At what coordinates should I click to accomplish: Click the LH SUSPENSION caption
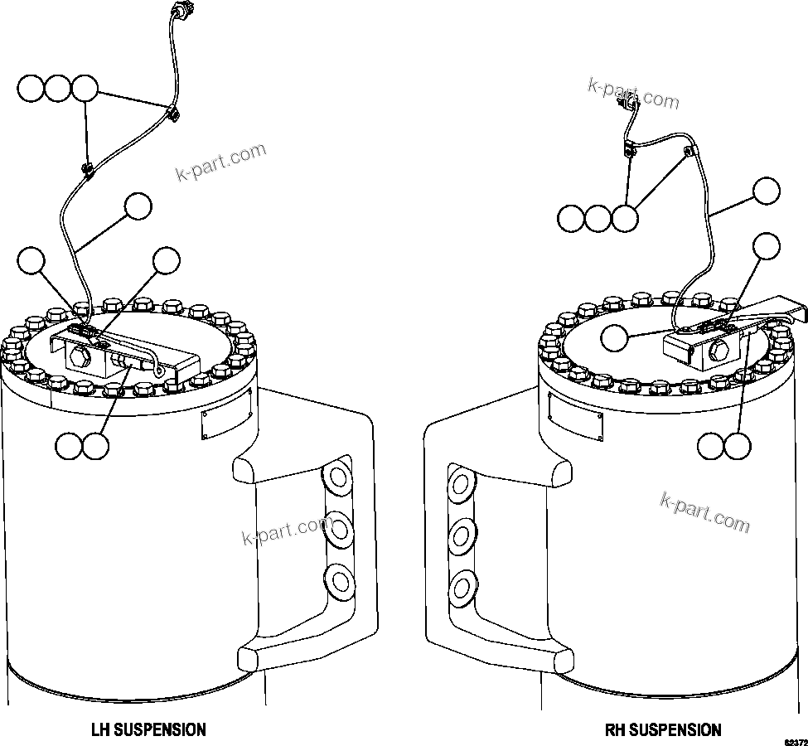coord(148,730)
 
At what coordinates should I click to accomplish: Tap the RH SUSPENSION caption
coord(663,730)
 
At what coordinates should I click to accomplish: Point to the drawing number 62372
coord(795,740)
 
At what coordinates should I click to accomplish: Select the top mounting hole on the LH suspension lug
coord(336,479)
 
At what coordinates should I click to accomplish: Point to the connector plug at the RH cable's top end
coord(627,102)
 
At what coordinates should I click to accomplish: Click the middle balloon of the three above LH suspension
coord(58,89)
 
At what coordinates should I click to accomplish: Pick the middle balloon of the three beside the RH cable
coord(598,219)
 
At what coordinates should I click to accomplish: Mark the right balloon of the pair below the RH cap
coord(737,446)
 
